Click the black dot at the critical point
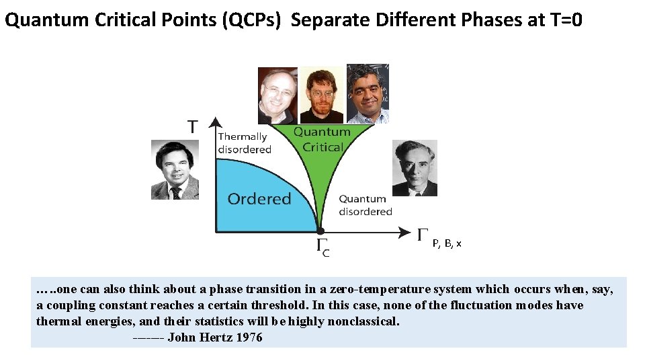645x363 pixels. pyautogui.click(x=320, y=231)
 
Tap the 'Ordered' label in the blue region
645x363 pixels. pyautogui.click(x=259, y=199)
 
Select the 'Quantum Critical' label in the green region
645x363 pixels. pyautogui.click(x=322, y=140)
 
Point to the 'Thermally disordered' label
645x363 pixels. pyautogui.click(x=244, y=143)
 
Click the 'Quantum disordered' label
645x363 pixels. pyautogui.click(x=365, y=205)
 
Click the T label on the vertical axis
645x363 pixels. pyautogui.click(x=193, y=126)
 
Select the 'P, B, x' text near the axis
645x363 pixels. pyautogui.click(x=447, y=243)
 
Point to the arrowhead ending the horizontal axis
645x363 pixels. pyautogui.click(x=404, y=232)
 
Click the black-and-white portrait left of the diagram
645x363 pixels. pyautogui.click(x=175, y=169)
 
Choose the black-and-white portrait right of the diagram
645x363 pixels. pyautogui.click(x=414, y=168)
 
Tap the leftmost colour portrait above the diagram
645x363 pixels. pyautogui.click(x=277, y=95)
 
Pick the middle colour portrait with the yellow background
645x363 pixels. pyautogui.click(x=321, y=94)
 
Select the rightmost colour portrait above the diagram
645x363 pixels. pyautogui.click(x=368, y=93)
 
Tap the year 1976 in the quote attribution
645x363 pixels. pyautogui.click(x=249, y=337)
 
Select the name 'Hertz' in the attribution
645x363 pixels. pyautogui.click(x=214, y=337)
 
